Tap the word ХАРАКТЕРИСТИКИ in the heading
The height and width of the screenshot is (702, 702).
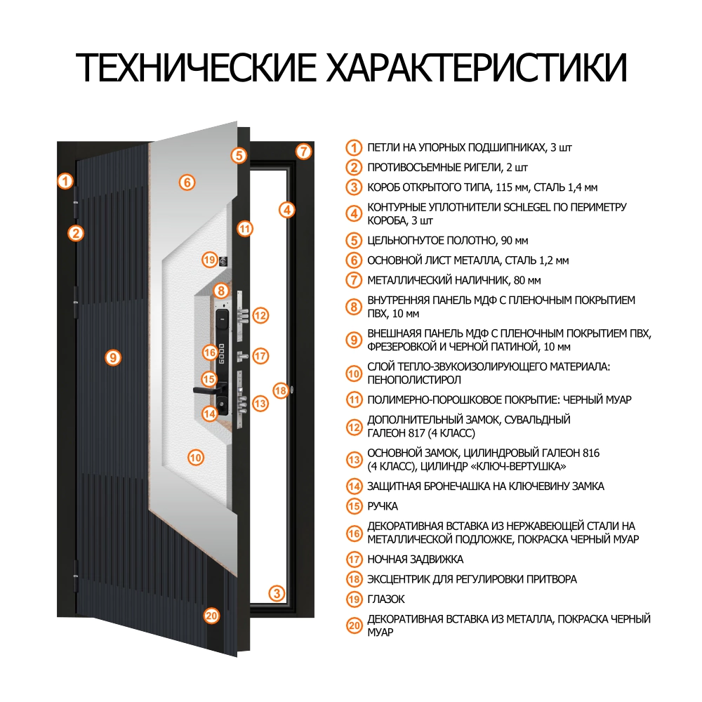coord(475,67)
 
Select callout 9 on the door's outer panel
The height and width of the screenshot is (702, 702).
coord(112,357)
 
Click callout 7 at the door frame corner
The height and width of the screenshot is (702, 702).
coord(303,151)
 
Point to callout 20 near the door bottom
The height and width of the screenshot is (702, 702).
coord(211,616)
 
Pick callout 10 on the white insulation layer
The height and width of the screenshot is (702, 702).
coord(196,458)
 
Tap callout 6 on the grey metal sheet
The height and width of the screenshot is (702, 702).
coord(186,183)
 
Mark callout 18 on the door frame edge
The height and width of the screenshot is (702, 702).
coord(280,390)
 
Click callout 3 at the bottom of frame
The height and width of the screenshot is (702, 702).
coord(278,594)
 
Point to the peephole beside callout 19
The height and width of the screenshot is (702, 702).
coord(225,260)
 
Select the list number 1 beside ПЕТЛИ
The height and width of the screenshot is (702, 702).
coord(355,148)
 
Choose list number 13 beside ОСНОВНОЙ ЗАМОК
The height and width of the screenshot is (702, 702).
coord(355,460)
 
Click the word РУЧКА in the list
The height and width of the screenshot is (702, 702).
coord(383,506)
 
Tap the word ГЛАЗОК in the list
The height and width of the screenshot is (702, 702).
coord(386,600)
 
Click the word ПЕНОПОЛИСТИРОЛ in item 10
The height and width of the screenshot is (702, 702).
coord(413,380)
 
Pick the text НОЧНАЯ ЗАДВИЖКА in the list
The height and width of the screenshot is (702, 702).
coord(416,560)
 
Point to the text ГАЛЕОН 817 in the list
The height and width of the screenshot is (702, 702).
coord(396,432)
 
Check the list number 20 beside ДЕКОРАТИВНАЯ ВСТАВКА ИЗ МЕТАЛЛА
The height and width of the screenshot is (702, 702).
coord(355,625)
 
